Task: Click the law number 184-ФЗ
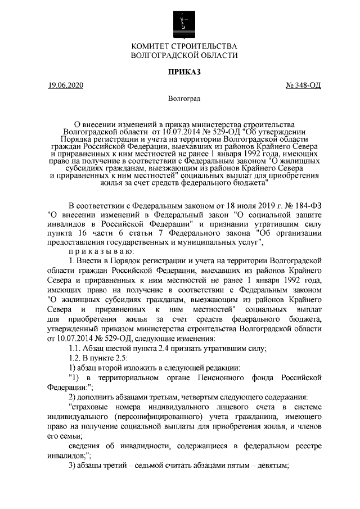tap(304, 205)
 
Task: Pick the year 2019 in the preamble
tap(251, 205)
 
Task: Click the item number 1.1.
tap(74, 348)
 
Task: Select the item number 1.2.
tap(74, 358)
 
